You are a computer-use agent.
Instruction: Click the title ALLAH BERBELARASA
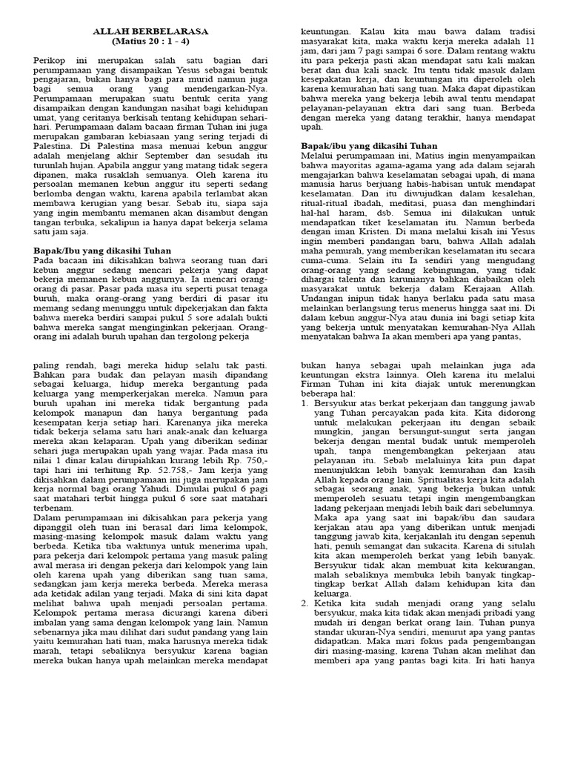[150, 32]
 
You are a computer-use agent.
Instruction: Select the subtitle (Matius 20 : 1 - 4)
[150, 42]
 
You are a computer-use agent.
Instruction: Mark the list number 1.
[305, 403]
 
